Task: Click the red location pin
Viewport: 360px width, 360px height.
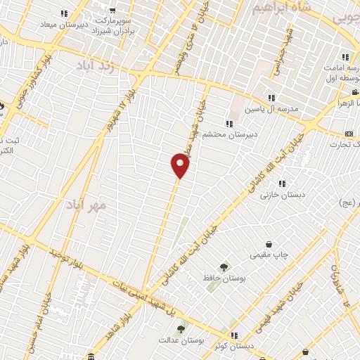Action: [x=181, y=165]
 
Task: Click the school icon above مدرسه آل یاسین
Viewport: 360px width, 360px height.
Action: [x=271, y=98]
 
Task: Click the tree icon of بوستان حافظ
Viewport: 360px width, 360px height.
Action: [x=224, y=267]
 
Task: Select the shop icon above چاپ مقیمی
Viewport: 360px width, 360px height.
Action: [x=269, y=244]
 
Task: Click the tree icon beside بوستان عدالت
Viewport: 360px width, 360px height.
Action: [x=181, y=328]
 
